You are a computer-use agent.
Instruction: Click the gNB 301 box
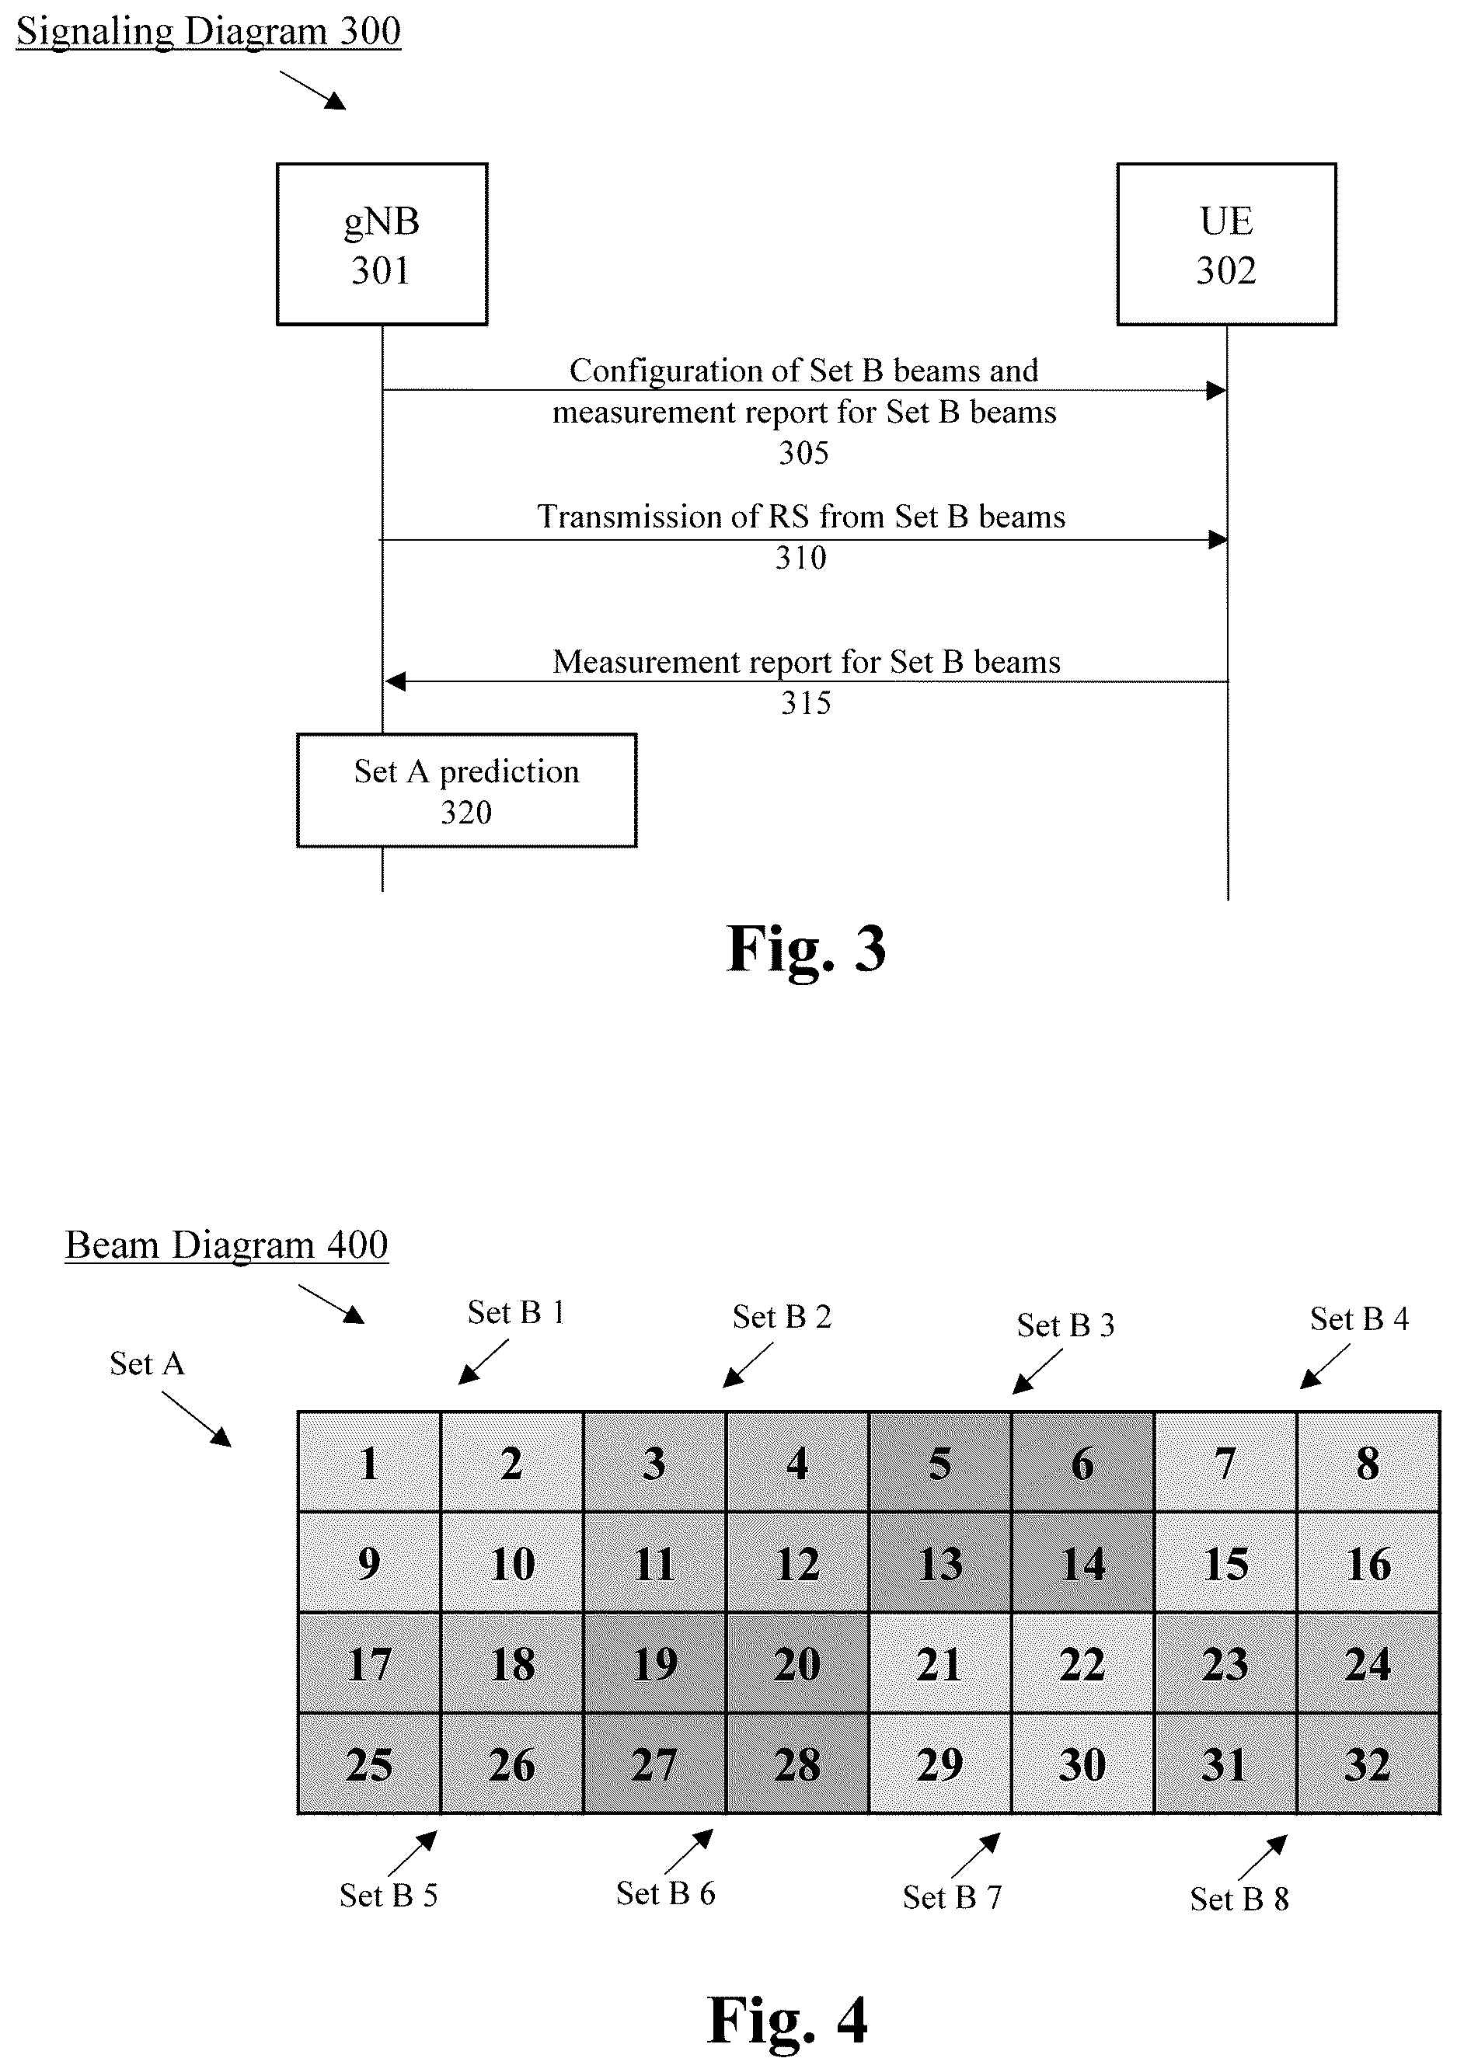point(382,244)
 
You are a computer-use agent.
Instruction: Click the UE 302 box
point(1226,244)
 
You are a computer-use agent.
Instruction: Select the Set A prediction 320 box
point(467,791)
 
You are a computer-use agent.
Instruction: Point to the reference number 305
point(803,453)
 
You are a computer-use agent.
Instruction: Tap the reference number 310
point(800,558)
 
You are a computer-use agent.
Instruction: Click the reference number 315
point(805,703)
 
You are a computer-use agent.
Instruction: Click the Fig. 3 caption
point(806,949)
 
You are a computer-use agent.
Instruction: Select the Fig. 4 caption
point(787,2020)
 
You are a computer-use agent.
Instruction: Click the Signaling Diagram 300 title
point(208,33)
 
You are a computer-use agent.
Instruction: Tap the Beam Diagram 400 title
point(227,1245)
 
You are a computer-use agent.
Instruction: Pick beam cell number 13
point(939,1563)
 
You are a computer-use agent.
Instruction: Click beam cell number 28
point(797,1764)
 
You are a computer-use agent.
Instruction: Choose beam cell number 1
point(369,1463)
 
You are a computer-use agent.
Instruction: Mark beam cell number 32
point(1368,1764)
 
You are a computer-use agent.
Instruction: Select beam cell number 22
point(1082,1664)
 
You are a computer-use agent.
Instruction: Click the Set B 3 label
point(1065,1325)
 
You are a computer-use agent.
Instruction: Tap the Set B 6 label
point(665,1893)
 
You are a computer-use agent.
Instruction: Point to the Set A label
point(147,1363)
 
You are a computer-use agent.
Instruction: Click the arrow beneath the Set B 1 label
point(483,1362)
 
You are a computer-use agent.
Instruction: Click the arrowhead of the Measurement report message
point(396,681)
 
